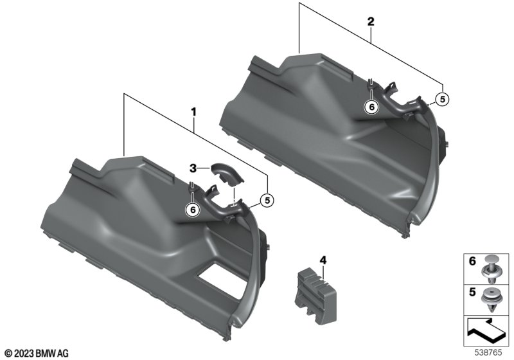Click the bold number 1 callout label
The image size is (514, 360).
(194, 112)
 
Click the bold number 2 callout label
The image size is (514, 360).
(371, 22)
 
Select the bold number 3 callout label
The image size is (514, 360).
(193, 168)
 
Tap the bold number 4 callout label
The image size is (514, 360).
(323, 260)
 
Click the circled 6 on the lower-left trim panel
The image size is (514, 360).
(193, 210)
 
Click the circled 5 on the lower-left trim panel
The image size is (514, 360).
(267, 200)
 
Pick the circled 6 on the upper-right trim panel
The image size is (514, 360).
(372, 107)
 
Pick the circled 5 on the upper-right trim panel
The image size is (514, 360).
(443, 100)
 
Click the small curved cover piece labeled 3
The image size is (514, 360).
(227, 174)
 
